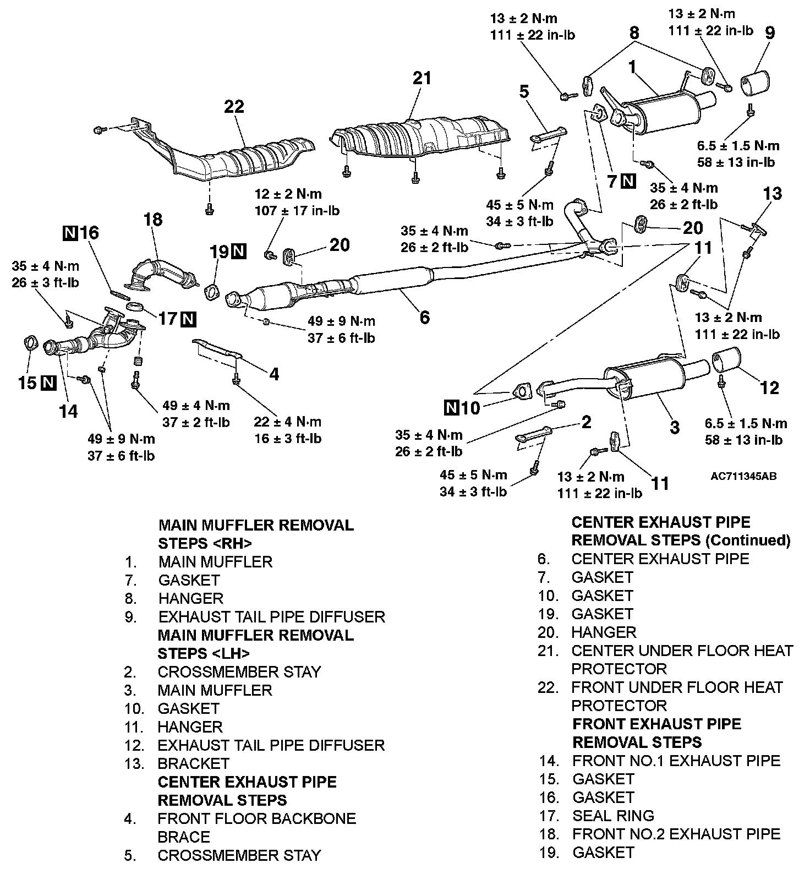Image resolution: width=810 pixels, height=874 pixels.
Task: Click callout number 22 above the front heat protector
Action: click(234, 106)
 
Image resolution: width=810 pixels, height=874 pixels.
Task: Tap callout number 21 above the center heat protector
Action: click(422, 78)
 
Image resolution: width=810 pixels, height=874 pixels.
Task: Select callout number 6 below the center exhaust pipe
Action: click(424, 317)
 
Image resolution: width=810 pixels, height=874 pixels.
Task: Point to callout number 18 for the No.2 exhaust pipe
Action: click(153, 220)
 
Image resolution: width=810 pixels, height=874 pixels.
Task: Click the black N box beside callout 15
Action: click(49, 383)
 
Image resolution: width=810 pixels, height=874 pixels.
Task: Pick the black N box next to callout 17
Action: click(188, 318)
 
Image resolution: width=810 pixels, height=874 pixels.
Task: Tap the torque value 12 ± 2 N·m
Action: click(288, 194)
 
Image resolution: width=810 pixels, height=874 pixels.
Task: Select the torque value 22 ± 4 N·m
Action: click(287, 422)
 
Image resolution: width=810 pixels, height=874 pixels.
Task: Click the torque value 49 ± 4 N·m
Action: click(196, 406)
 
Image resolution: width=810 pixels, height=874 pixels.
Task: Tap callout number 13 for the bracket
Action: click(773, 194)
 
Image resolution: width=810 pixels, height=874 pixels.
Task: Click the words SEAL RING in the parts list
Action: click(613, 816)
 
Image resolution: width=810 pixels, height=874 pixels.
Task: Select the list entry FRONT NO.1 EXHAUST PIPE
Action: click(676, 761)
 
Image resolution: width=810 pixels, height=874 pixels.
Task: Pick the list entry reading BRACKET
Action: click(193, 763)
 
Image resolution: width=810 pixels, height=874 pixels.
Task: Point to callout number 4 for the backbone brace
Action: click(273, 374)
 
